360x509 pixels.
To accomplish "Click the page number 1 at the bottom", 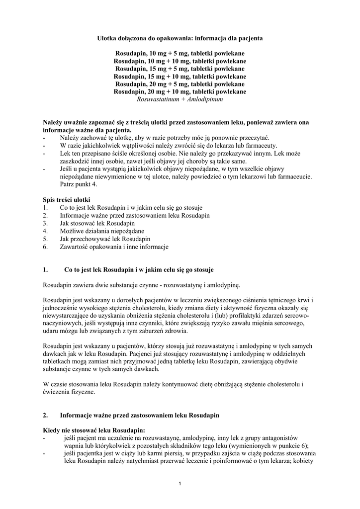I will click(x=180, y=484).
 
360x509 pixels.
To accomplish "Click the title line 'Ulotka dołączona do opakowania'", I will click(x=180, y=38).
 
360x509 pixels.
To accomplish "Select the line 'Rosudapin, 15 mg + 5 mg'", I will click(x=180, y=69).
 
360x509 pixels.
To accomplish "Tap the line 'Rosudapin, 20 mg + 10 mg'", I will click(x=180, y=91).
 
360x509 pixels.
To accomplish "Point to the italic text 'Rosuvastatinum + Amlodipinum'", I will click(x=180, y=99).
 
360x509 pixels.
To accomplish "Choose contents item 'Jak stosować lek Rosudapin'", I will click(x=100, y=223).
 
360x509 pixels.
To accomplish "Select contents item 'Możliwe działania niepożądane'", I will click(x=102, y=231).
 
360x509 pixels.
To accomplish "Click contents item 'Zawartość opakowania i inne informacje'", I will click(x=114, y=247).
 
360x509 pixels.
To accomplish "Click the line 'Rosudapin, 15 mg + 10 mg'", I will click(x=180, y=77).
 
